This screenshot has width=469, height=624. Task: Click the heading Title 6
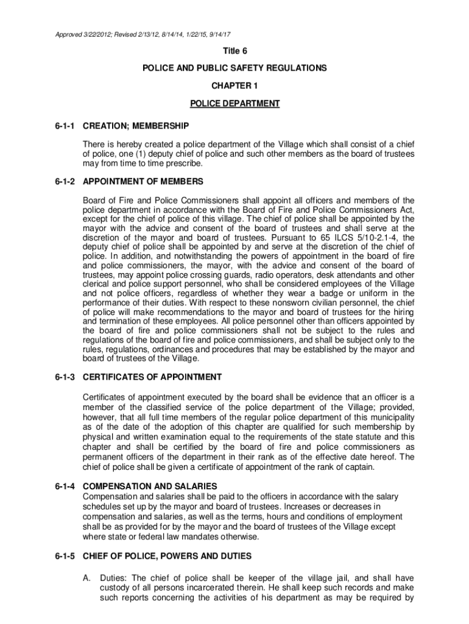[x=234, y=51]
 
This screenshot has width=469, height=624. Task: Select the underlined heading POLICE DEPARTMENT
[x=234, y=104]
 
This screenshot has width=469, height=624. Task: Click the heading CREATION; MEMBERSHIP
[x=136, y=126]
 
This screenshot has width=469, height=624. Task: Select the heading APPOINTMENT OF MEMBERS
[x=143, y=182]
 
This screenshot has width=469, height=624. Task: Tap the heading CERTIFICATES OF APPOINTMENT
[x=152, y=377]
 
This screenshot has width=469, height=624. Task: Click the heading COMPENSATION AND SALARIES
[x=150, y=486]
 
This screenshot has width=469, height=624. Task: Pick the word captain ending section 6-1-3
[x=356, y=467]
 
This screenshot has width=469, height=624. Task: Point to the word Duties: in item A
[x=114, y=578]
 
